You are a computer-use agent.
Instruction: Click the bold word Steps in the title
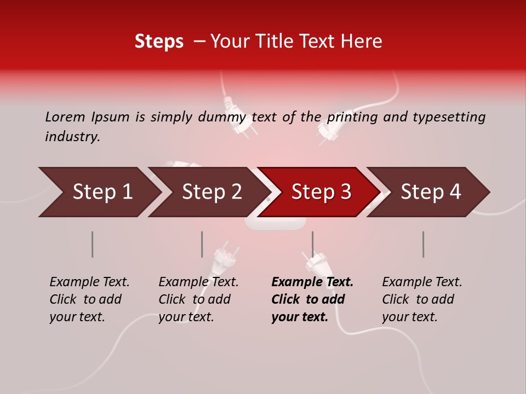(159, 42)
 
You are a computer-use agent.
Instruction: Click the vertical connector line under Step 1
(93, 244)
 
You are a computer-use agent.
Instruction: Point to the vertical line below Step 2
(202, 244)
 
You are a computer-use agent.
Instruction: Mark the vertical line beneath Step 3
(312, 244)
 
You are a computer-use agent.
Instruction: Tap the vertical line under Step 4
(423, 244)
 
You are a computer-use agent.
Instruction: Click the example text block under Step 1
(89, 299)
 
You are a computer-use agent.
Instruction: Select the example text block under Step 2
(198, 299)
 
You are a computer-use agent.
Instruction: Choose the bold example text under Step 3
(312, 299)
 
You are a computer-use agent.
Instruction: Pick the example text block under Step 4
(422, 299)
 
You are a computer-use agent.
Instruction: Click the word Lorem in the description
(65, 117)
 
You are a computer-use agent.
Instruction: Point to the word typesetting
(449, 117)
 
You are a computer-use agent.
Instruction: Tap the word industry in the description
(72, 137)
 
